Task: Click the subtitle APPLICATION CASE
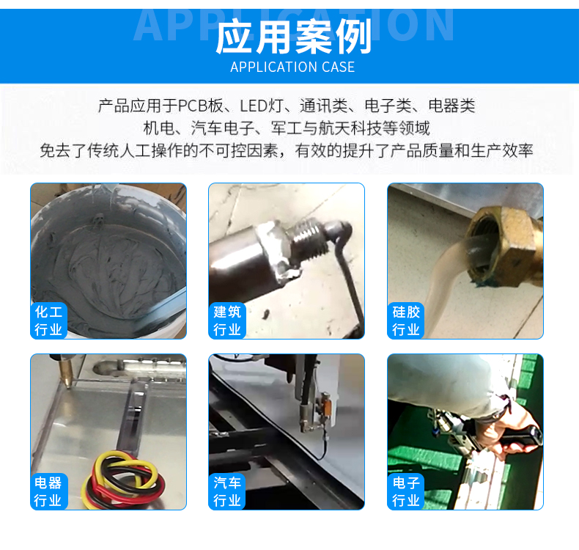click(x=292, y=67)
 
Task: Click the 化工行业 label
click(x=48, y=320)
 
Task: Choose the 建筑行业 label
click(x=227, y=320)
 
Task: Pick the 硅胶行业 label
click(x=406, y=320)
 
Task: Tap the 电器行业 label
click(x=48, y=491)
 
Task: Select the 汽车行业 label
click(x=227, y=491)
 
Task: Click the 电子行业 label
click(x=406, y=491)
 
